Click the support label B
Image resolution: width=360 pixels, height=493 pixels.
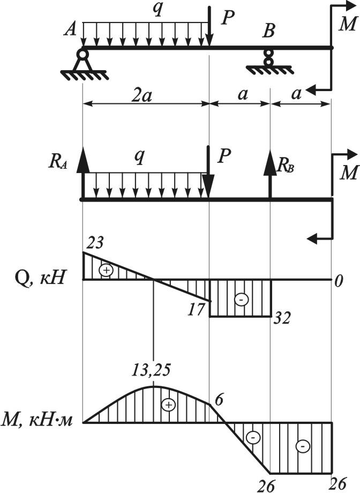point(268,31)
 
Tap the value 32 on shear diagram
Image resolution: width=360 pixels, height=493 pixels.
point(282,318)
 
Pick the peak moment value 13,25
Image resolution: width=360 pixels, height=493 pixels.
point(153,371)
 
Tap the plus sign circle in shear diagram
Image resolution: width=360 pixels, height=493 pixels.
point(107,270)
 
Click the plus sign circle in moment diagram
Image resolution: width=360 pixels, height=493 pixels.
point(169,405)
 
